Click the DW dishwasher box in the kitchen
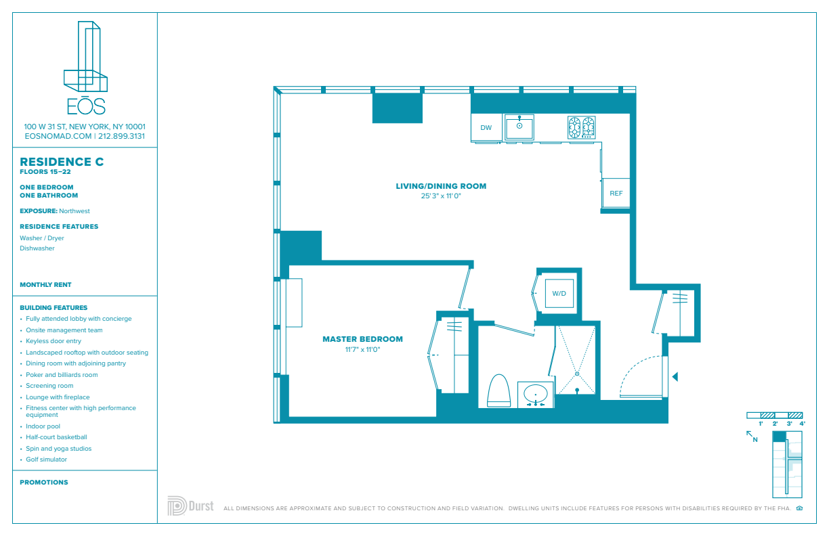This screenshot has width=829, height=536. point(486,128)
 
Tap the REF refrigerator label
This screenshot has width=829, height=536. point(616,193)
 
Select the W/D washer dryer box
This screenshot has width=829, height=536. point(559,293)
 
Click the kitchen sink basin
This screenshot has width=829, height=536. point(519,127)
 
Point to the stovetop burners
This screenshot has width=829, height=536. point(581,127)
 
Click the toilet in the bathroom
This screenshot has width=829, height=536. point(499,390)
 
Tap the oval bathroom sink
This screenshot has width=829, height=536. point(536,394)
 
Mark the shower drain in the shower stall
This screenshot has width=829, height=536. point(577,374)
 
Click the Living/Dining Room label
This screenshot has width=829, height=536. point(441,186)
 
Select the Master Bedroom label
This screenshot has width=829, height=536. point(363,339)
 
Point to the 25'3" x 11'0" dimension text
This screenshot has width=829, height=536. point(441,196)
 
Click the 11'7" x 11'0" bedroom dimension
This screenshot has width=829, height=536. point(363,350)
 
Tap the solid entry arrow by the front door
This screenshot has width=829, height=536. point(675,376)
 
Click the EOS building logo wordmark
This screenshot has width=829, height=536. point(86,106)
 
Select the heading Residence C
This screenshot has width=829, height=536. point(62,162)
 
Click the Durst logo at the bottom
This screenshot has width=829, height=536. point(190,506)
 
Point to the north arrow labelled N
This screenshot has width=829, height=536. point(752,437)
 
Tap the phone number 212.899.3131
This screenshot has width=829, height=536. point(121,136)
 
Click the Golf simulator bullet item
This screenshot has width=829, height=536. point(46,460)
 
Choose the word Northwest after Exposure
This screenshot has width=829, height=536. point(75,211)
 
